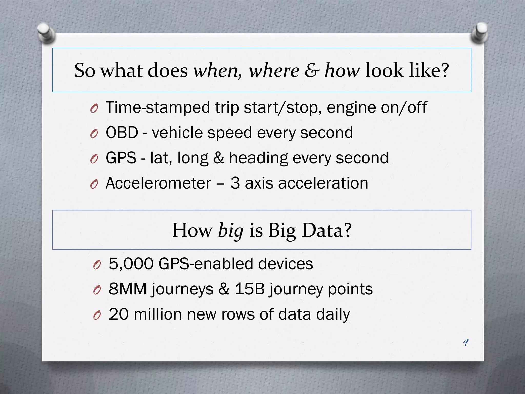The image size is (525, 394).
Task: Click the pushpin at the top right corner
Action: [x=479, y=32]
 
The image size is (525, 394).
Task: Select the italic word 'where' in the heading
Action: [x=274, y=71]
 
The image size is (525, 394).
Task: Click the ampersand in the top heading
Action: [x=312, y=71]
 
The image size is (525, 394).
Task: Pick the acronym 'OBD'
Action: [x=122, y=133]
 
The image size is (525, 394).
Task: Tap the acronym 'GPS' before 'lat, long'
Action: [x=121, y=158]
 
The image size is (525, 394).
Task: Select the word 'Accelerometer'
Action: [x=158, y=183]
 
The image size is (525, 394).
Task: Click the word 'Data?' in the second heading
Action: [x=327, y=230]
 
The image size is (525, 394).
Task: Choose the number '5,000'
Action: [x=131, y=264]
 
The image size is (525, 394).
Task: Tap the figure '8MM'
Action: [x=128, y=289]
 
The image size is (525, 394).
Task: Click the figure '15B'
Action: [x=249, y=289]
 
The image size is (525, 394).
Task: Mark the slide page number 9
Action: [x=466, y=342]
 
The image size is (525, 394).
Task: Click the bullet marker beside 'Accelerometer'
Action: [x=94, y=184]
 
